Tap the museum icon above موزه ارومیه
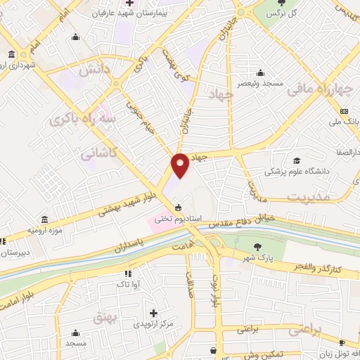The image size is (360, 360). pyautogui.click(x=45, y=219)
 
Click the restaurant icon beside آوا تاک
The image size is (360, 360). pyautogui.click(x=127, y=273)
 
